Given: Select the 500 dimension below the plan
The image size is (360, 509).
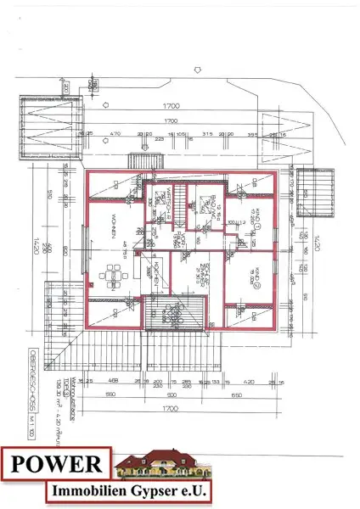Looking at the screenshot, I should [x=171, y=395].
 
